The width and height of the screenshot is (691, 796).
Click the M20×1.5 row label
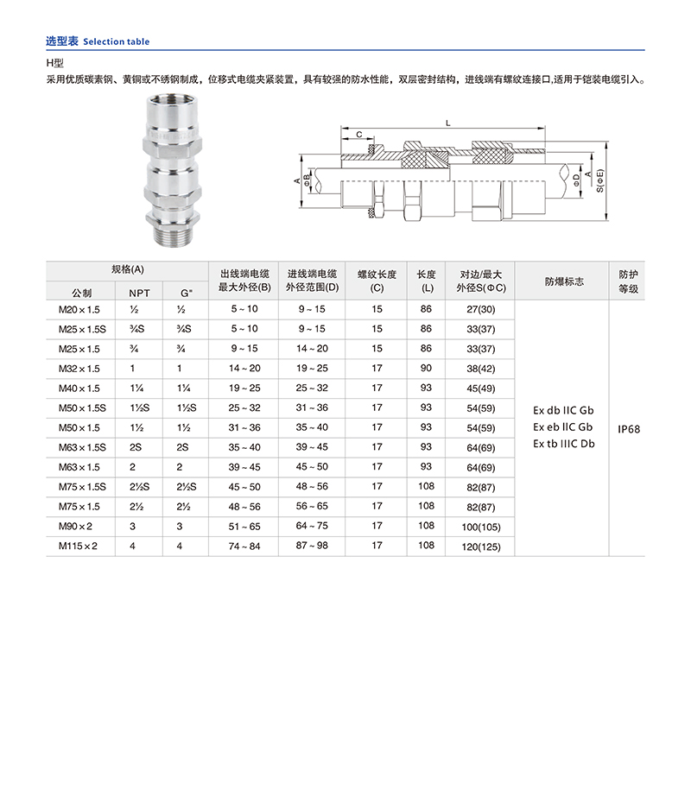(x=79, y=309)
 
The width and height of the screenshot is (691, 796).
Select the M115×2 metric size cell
(x=79, y=546)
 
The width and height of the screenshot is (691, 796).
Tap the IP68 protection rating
(x=628, y=427)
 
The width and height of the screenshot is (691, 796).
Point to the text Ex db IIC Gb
(x=563, y=410)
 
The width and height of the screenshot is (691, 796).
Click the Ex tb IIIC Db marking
(x=563, y=444)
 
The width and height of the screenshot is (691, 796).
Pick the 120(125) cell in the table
(x=482, y=546)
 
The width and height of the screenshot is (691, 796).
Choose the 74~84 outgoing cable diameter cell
(x=244, y=546)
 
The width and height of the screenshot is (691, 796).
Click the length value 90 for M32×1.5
(x=426, y=368)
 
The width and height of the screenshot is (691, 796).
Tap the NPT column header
(x=139, y=293)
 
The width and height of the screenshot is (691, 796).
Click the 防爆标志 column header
(x=563, y=281)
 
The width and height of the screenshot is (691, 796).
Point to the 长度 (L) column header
(x=426, y=281)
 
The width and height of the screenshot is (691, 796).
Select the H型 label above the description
(x=55, y=63)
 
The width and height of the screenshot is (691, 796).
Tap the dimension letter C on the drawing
(x=358, y=135)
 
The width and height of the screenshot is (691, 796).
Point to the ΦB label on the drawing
(x=308, y=180)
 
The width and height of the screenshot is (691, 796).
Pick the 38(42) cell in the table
(x=482, y=369)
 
